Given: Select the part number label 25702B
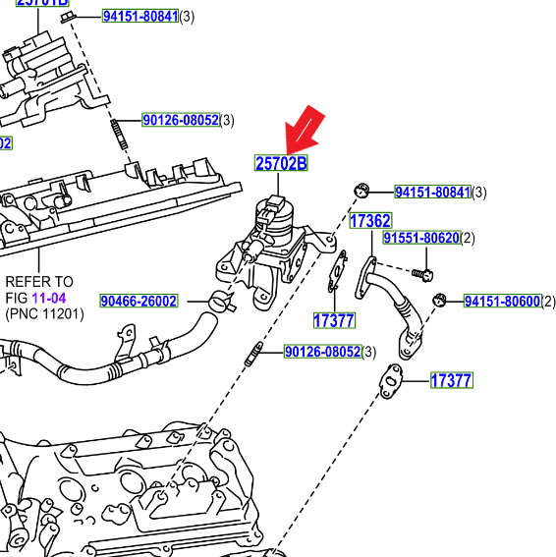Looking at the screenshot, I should pyautogui.click(x=281, y=164).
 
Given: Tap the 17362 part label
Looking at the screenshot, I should pyautogui.click(x=370, y=222).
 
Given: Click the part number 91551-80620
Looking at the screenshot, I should pyautogui.click(x=421, y=239).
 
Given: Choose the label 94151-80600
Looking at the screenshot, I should pyautogui.click(x=501, y=302).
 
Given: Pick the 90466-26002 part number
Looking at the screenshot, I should pyautogui.click(x=139, y=302).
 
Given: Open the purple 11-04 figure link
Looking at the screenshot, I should pyautogui.click(x=48, y=298).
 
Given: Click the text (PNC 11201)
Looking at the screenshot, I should pyautogui.click(x=44, y=314).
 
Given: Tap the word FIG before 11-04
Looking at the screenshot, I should pyautogui.click(x=17, y=298).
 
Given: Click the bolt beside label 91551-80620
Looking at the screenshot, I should pyautogui.click(x=423, y=270).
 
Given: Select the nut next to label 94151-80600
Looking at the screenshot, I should pyautogui.click(x=440, y=300).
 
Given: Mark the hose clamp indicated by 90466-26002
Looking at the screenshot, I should pyautogui.click(x=221, y=301).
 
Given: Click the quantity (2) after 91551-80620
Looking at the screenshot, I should pyautogui.click(x=468, y=239).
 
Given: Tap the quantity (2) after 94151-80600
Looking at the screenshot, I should pyautogui.click(x=548, y=302).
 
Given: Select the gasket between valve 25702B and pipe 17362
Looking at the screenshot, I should pyautogui.click(x=339, y=272).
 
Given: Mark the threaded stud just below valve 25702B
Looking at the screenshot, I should pyautogui.click(x=253, y=354).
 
